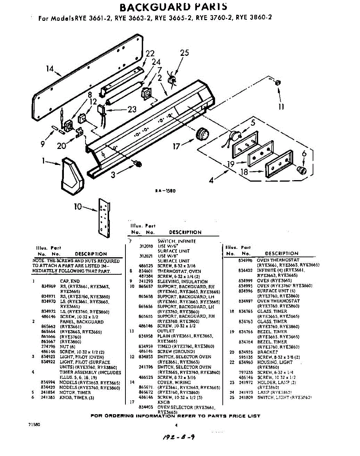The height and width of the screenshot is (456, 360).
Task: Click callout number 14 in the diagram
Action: coord(50,69)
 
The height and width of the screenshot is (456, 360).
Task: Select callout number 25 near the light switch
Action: coord(184,53)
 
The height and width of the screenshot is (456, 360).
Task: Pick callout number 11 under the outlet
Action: coord(281,107)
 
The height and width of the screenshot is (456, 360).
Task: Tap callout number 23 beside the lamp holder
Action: coord(132,109)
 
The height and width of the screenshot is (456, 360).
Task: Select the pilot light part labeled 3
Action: coord(138,164)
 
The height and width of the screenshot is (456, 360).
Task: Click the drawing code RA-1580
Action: coord(165,191)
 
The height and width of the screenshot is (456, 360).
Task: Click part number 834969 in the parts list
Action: coord(48,286)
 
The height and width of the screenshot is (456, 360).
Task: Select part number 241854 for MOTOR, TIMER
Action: coord(48,393)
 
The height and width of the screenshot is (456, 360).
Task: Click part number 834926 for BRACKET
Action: coord(246,352)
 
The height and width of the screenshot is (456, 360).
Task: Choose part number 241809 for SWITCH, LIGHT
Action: coord(246,397)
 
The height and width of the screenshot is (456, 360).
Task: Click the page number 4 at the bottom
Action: coord(176,425)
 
